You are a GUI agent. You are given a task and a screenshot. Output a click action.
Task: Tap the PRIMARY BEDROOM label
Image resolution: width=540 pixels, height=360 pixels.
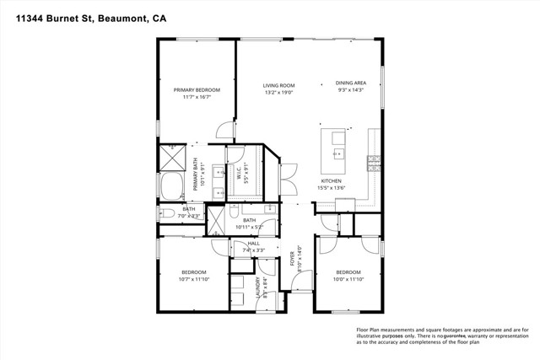(x=197, y=90)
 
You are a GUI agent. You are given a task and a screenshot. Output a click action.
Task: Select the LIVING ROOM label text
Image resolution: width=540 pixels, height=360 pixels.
(x=278, y=85)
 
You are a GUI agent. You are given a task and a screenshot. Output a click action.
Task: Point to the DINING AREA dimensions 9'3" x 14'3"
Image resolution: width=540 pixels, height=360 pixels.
(x=349, y=90)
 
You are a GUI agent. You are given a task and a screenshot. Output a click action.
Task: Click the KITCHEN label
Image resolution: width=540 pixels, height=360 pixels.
(x=330, y=181)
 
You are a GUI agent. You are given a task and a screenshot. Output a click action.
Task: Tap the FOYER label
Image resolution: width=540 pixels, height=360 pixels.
(x=293, y=258)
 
